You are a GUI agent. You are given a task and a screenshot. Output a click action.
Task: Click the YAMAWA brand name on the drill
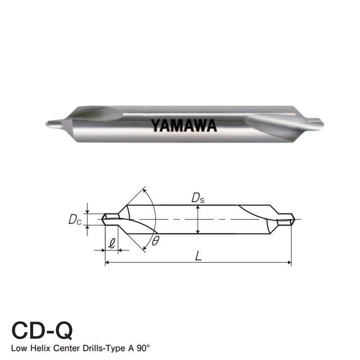coord(184,125)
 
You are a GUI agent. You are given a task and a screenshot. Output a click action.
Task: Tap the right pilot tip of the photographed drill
coord(317,121)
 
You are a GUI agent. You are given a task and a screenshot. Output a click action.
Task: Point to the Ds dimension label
coord(198,198)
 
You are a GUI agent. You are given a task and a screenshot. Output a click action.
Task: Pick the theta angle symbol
coord(155,240)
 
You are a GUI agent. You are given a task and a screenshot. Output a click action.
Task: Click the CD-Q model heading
coord(41,331)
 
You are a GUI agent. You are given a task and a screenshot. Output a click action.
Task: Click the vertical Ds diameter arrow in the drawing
coord(198,220)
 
